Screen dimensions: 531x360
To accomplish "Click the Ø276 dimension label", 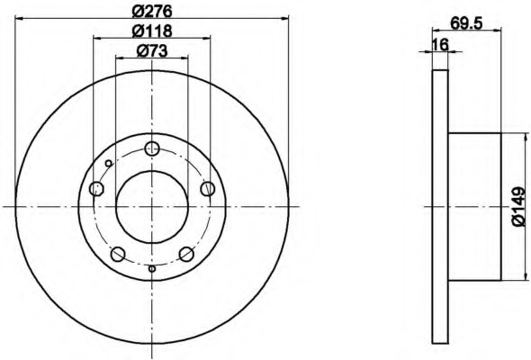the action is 152,11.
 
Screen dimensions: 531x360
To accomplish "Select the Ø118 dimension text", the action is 152,31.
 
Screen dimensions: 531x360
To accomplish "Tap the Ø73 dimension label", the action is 152,51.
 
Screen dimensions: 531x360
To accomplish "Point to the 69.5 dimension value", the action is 466,23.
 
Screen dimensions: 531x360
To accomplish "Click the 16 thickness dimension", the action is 441,45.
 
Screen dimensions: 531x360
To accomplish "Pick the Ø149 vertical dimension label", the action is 518,207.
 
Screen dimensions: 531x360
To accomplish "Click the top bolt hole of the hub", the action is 152,148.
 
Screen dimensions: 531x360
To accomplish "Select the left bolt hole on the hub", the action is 96,188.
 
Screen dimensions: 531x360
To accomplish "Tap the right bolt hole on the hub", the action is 207,188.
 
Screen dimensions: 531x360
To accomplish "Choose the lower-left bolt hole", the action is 118,254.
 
